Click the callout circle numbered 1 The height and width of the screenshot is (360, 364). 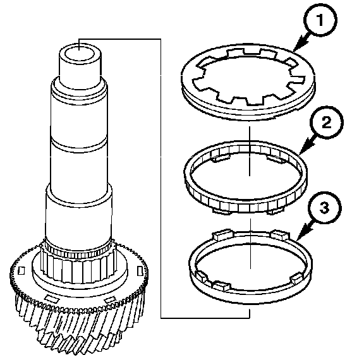click(x=320, y=20)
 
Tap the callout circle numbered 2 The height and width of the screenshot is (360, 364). click(x=327, y=123)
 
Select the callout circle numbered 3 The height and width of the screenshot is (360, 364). click(x=325, y=208)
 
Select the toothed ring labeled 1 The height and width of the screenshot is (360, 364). click(x=248, y=81)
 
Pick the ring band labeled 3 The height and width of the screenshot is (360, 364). click(x=250, y=266)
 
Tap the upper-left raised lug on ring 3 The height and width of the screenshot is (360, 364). click(x=222, y=235)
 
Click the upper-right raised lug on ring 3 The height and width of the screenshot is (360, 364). click(x=281, y=235)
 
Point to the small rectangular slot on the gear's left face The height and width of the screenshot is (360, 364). click(x=21, y=270)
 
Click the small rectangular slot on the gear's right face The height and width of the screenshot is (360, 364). click(x=140, y=272)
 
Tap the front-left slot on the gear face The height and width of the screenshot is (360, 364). click(x=52, y=299)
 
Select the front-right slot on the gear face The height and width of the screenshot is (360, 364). click(x=110, y=300)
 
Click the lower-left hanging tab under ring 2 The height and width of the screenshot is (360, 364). click(x=221, y=211)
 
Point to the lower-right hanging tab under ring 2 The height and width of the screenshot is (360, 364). click(x=276, y=211)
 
